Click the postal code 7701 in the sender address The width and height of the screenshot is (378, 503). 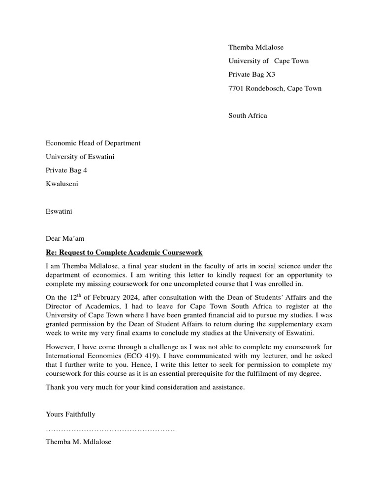click(236, 88)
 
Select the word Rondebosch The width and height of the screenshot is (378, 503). click(265, 88)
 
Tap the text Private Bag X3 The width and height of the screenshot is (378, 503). click(252, 75)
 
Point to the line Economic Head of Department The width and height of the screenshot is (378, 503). click(93, 143)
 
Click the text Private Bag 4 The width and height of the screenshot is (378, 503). click(66, 170)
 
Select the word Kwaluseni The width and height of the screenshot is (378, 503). click(62, 184)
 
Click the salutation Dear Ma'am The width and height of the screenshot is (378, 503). click(65, 239)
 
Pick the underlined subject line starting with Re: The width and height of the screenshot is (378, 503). click(124, 252)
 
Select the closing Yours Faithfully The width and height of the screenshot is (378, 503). click(70, 415)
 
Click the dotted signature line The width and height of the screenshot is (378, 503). click(110, 430)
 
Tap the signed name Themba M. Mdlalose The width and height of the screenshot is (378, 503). click(79, 442)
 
